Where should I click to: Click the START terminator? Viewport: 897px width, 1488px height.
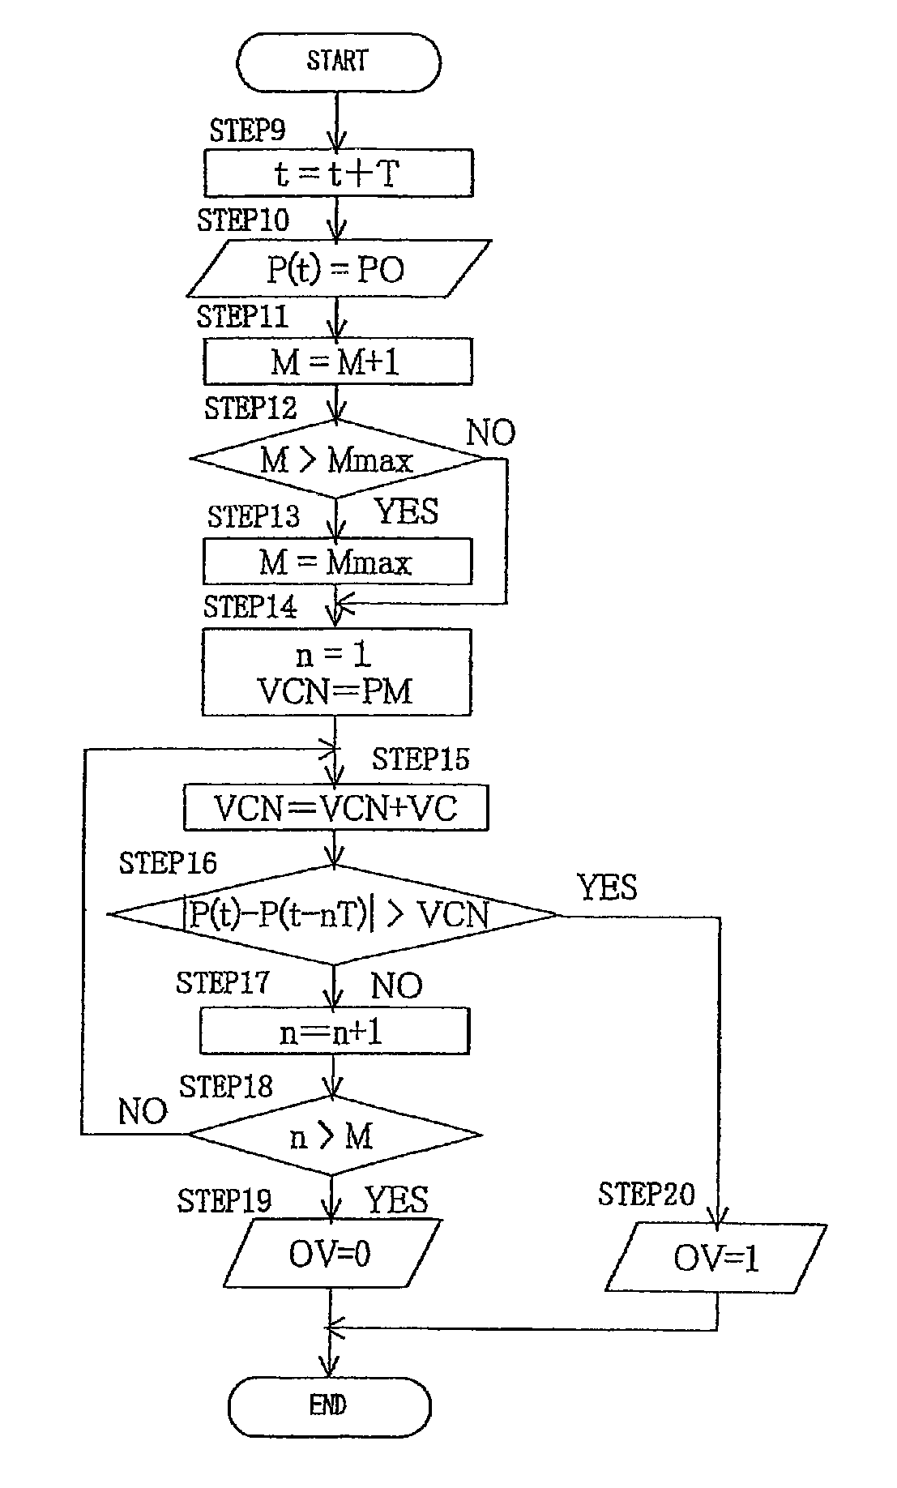point(338,62)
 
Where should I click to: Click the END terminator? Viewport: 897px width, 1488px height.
point(329,1405)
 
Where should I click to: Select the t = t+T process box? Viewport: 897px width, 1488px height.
point(338,173)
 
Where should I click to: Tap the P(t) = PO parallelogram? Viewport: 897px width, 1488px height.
point(338,268)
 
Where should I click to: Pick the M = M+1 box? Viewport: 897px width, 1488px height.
point(337,361)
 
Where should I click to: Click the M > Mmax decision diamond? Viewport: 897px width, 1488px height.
point(336,460)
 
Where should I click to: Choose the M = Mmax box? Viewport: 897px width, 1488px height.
point(337,561)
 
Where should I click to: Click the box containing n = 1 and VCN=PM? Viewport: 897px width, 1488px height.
point(336,673)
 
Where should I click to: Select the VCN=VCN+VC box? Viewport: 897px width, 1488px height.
point(335,807)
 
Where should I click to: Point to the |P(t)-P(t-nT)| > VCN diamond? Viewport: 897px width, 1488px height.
point(334,916)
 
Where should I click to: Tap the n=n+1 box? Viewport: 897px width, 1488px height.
point(334,1032)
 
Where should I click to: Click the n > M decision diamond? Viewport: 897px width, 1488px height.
point(334,1136)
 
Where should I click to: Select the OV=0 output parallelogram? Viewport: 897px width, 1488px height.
point(330,1254)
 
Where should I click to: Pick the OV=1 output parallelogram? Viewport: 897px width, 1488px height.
point(716,1257)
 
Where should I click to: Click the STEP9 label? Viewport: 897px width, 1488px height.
point(247,130)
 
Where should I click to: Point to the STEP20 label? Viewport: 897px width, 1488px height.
point(646,1194)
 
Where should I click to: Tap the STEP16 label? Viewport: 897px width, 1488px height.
point(168,863)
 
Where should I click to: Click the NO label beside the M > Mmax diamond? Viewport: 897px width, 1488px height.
point(490,434)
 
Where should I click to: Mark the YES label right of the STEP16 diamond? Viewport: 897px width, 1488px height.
point(607,887)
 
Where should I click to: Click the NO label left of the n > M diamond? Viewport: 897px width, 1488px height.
point(143,1111)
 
